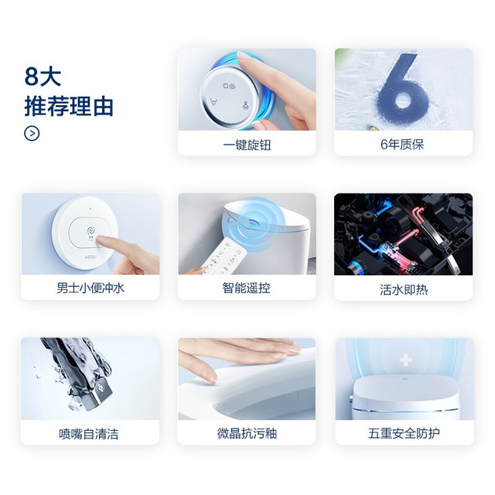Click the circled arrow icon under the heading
coord(32,133)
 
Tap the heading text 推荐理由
coord(69,107)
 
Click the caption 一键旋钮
coord(247,145)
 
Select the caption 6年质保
coord(402,145)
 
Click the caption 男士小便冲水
coord(90,288)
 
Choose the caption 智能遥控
coord(246,288)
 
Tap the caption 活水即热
coord(404,289)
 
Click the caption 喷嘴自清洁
coord(89,434)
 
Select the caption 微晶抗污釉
coord(247,433)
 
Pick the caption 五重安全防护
coord(404,433)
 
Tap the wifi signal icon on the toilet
coord(254,224)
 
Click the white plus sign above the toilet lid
coord(405,360)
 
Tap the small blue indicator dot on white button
coord(90,209)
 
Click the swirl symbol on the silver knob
coord(232,86)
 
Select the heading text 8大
coord(43,77)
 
